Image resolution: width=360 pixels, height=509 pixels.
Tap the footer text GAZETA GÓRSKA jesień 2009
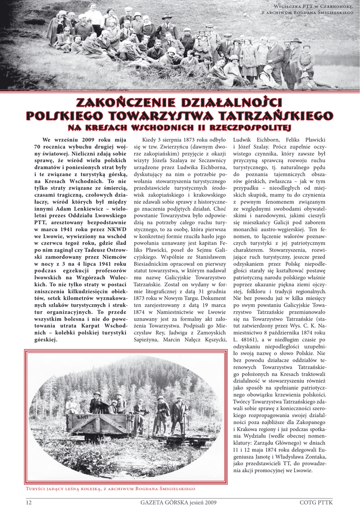(x=179, y=502)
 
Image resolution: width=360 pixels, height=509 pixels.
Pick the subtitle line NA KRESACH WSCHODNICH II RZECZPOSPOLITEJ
(x=180, y=127)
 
